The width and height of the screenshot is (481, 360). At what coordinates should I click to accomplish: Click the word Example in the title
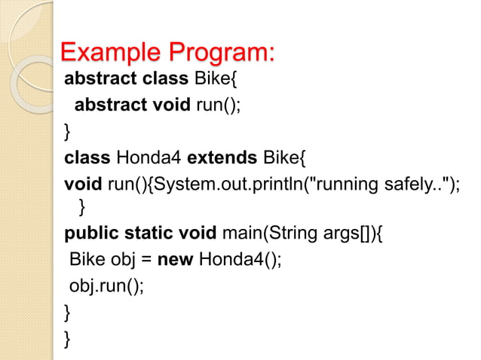(x=111, y=53)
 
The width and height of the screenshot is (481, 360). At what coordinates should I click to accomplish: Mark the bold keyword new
(x=174, y=260)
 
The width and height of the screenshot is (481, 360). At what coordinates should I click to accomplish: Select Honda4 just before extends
(x=149, y=157)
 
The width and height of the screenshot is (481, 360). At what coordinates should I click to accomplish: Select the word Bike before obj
(x=86, y=260)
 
